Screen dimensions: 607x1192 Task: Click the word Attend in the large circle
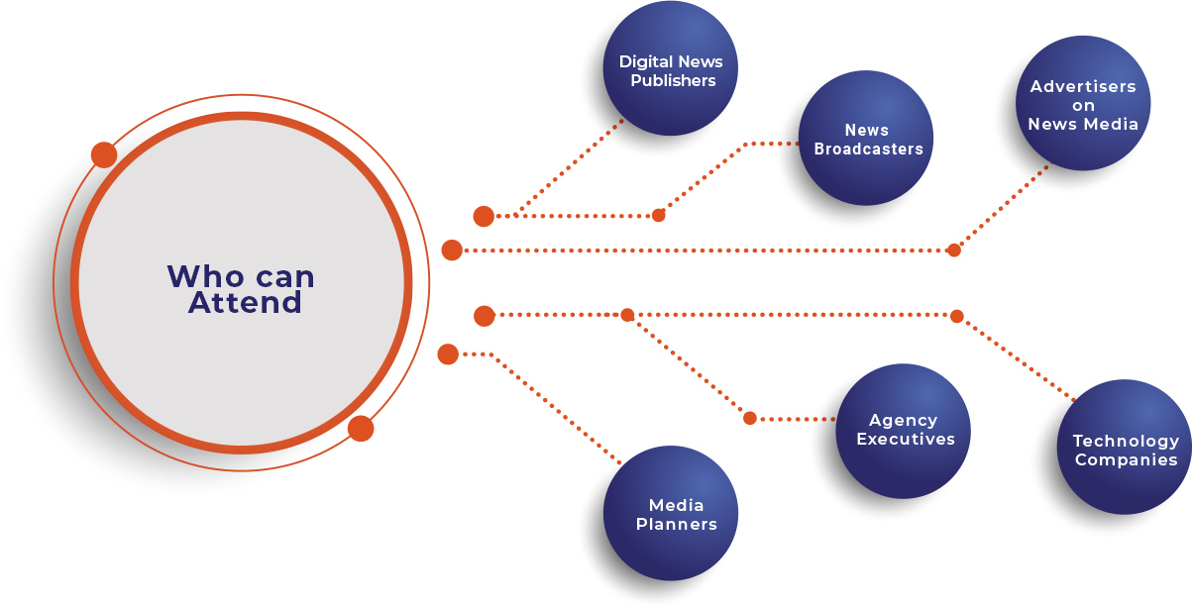coord(245,302)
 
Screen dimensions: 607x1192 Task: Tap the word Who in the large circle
coord(201,276)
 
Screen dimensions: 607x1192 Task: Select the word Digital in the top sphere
coord(644,61)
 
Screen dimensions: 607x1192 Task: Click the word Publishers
coord(673,80)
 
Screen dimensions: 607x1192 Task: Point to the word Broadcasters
coord(868,149)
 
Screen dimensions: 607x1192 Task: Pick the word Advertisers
coord(1083,86)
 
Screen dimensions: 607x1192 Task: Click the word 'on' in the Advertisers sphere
coord(1083,105)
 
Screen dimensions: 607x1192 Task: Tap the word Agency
coord(903,421)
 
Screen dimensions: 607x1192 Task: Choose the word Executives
coord(905,439)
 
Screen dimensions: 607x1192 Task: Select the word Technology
coord(1126,441)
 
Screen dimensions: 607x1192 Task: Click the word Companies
coord(1126,459)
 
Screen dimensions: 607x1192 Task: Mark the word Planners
coord(676,524)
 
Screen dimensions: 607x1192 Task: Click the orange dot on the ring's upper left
coord(103,154)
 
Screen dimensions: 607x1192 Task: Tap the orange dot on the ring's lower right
coord(361,429)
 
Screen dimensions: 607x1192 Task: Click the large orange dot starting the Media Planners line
coord(448,354)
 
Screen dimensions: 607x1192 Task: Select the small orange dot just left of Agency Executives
coord(750,418)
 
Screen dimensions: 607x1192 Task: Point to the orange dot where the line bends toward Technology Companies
coord(956,317)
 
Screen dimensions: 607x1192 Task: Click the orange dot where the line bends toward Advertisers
coord(954,250)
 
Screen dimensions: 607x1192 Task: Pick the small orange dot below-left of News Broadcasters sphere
coord(659,215)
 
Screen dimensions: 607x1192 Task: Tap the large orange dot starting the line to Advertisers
coord(452,251)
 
